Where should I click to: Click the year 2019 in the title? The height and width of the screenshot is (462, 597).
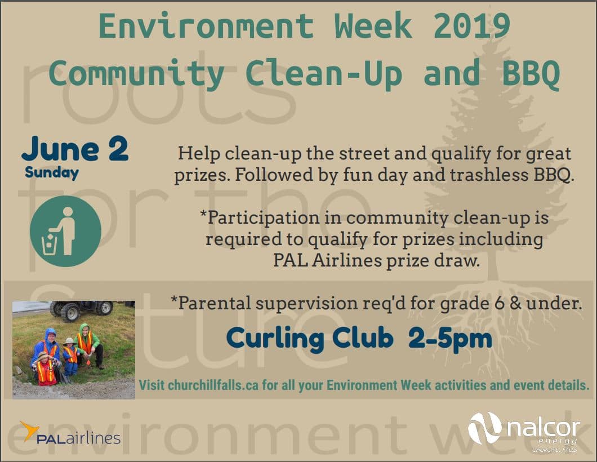[x=472, y=26]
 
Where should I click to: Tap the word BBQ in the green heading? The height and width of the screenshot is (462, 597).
[x=531, y=73]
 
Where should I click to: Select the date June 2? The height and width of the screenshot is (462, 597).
[x=75, y=149]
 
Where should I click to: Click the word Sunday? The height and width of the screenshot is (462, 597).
[x=52, y=172]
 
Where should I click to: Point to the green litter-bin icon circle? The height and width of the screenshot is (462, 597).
[x=65, y=231]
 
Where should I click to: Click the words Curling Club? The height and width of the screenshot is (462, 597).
[x=310, y=338]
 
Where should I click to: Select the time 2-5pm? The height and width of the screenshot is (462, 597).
[x=450, y=338]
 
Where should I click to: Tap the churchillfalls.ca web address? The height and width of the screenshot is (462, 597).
[x=213, y=385]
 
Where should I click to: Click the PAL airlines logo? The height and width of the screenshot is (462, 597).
[x=70, y=433]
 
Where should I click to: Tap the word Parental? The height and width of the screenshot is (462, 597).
[x=211, y=303]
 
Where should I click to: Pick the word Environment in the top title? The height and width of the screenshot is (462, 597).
[x=206, y=26]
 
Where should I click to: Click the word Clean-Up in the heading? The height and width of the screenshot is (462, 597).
[x=323, y=73]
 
